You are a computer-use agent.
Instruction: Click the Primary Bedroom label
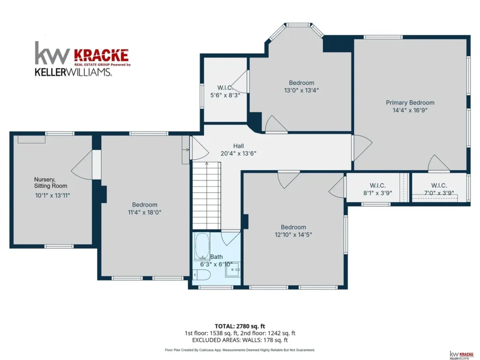click(x=410, y=103)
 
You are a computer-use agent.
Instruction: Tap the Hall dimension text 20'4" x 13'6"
click(x=239, y=153)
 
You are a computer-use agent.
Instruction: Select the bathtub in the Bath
click(x=202, y=247)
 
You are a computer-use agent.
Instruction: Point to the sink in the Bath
click(x=233, y=270)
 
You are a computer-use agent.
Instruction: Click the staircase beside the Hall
click(x=207, y=196)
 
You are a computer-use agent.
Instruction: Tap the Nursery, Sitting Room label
click(x=51, y=183)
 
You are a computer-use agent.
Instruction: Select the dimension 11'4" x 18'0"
click(x=144, y=212)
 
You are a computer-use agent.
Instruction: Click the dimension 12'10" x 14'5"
click(x=293, y=235)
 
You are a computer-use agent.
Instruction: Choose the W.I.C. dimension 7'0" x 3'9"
click(x=439, y=193)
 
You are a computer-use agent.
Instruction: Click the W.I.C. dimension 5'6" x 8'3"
click(x=225, y=95)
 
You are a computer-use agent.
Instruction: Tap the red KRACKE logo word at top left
click(x=101, y=55)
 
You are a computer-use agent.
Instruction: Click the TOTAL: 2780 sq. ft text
click(x=240, y=326)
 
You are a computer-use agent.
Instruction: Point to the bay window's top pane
click(x=298, y=25)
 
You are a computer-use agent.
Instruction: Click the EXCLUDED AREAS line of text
click(x=240, y=340)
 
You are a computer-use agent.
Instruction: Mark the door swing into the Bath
click(x=231, y=239)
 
